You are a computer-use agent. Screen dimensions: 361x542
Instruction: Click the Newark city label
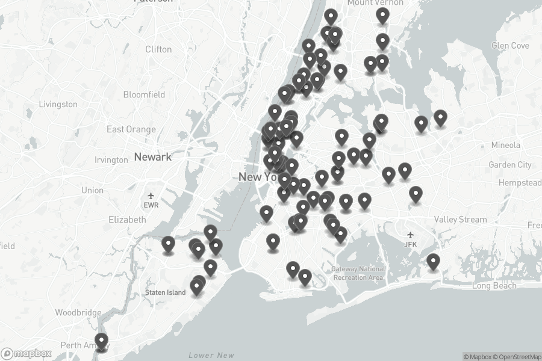[x=152, y=157]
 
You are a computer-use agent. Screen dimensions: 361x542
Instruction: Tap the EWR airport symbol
[x=151, y=196]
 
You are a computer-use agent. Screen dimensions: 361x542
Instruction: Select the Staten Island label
[x=165, y=292]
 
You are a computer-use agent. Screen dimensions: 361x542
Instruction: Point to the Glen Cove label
[x=510, y=46]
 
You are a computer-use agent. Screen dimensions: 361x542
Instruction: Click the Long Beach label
[x=494, y=286]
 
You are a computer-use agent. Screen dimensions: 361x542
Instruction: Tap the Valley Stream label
[x=460, y=220]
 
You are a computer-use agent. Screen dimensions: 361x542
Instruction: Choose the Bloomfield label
[x=144, y=94]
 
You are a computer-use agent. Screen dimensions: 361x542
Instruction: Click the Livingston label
[x=58, y=104]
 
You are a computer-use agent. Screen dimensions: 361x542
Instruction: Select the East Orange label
[x=131, y=129]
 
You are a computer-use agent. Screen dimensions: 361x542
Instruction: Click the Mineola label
[x=505, y=145]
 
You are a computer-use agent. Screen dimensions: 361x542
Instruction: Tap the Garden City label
[x=510, y=165]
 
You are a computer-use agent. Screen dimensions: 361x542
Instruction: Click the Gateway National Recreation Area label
[x=358, y=273]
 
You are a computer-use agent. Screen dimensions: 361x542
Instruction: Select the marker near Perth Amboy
[x=101, y=342]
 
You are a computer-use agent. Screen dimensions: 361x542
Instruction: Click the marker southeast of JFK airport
[x=433, y=261]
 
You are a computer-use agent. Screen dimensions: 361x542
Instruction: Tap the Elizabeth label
[x=127, y=220]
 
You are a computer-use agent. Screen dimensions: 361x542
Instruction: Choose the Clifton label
[x=158, y=49]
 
